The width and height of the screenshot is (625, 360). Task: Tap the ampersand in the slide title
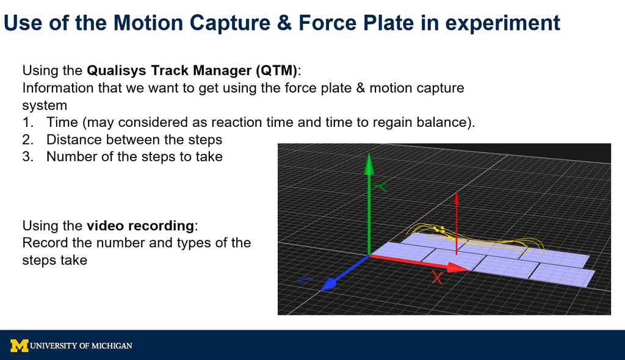284,23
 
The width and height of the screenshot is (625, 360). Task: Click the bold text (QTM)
276,70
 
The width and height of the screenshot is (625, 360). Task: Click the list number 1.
28,122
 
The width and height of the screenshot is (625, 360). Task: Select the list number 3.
28,156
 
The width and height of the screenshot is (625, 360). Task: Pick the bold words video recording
140,226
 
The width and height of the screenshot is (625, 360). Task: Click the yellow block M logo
20,345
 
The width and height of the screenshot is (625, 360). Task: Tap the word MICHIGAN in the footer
112,345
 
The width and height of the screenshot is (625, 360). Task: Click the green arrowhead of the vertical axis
369,164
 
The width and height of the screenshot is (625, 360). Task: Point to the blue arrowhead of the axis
329,284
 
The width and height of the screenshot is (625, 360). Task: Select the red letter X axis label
437,278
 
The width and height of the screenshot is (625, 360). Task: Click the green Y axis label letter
381,186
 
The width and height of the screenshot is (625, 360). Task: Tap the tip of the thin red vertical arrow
457,193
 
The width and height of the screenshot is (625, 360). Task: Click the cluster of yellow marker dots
443,232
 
